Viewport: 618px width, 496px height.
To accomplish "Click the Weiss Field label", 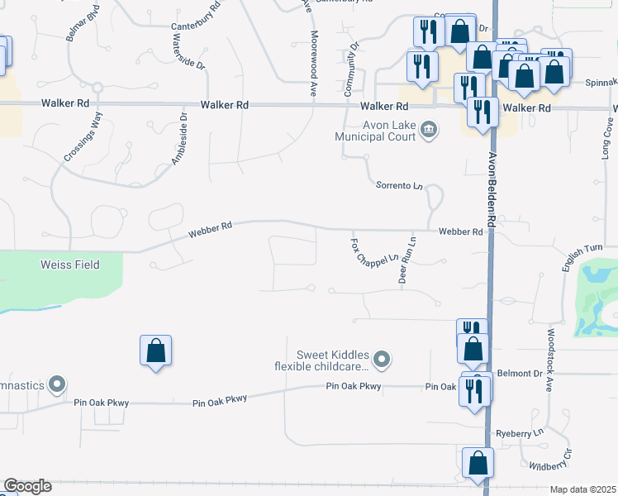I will [69, 265].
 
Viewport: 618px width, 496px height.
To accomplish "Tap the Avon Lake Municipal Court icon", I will [429, 129].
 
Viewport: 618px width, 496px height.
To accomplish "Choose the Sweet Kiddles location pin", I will [381, 360].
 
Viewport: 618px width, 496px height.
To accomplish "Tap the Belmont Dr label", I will [520, 374].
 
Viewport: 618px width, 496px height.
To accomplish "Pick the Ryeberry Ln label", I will [518, 433].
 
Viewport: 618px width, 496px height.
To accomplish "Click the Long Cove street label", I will [606, 140].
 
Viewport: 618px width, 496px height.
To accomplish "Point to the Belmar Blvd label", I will [83, 26].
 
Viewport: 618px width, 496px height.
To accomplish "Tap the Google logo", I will [27, 486].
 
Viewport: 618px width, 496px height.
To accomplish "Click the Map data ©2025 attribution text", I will [582, 489].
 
